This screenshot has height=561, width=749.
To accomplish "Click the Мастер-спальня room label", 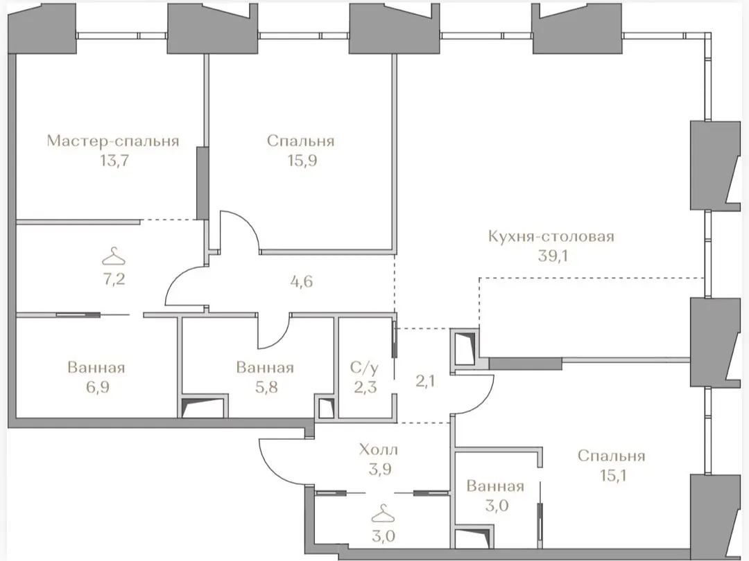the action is pos(113,141).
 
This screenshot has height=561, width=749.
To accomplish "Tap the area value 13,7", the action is pos(114,161).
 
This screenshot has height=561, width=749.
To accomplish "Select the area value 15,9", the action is pos(301,161).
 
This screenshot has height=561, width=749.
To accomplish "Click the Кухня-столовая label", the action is pos(551,237).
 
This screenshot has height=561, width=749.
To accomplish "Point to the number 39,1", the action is pos(553,256).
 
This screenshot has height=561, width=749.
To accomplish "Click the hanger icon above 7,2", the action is pos(114,256).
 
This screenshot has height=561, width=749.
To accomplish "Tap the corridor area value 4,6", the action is pos(302,281).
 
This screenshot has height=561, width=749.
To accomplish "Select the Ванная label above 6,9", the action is pos(96,368).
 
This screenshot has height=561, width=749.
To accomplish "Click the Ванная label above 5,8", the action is pos(265,368).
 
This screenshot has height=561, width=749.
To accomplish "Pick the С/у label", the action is pos(365,368).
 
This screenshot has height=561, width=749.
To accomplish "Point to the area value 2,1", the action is pos(425,381).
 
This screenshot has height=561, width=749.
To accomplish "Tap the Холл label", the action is pos(379,450).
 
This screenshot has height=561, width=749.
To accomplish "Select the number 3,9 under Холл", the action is pos(381,470).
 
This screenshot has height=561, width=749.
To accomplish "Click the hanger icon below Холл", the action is pos(383,516).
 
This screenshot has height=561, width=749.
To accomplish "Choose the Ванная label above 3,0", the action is pos(495,487).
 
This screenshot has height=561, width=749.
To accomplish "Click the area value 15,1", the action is pos(612,476).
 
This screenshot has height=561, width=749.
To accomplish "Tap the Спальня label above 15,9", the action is pos(301,141).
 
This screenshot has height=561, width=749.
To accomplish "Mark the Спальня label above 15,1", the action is pos(612,456).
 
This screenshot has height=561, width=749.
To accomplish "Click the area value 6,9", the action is pos(98,387).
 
